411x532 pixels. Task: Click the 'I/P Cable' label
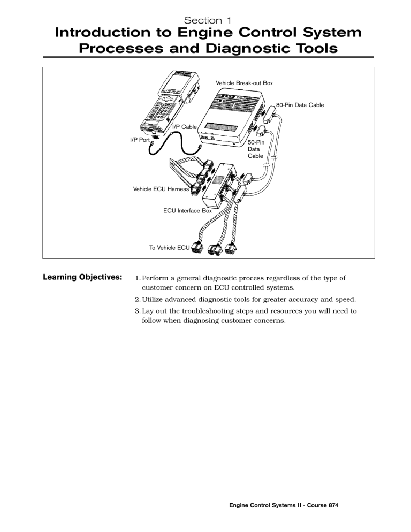click(x=184, y=127)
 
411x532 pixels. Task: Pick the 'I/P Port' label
click(x=140, y=140)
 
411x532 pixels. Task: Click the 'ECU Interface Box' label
click(x=187, y=211)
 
